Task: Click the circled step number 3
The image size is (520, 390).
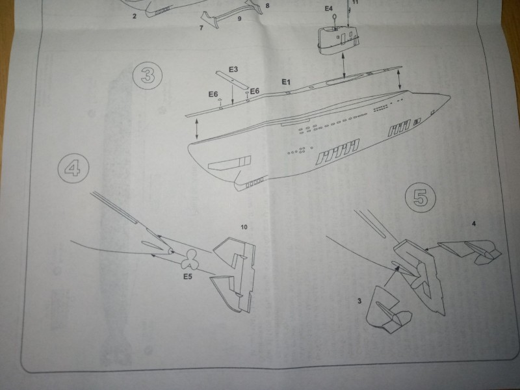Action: click(148, 75)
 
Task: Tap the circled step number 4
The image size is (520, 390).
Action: click(73, 168)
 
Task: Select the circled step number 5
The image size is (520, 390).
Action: click(421, 198)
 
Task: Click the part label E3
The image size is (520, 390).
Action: click(233, 70)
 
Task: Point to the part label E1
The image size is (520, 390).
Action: click(286, 82)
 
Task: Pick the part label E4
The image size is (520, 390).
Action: click(328, 8)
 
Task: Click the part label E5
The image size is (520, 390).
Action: click(188, 276)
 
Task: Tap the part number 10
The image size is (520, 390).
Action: click(244, 227)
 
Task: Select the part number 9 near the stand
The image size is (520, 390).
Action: click(239, 19)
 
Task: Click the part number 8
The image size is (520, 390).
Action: click(267, 6)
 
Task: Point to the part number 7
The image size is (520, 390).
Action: click(201, 28)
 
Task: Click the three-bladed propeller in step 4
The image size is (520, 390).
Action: click(189, 259)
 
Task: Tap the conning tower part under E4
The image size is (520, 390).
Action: click(338, 40)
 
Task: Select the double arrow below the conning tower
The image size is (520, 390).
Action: click(344, 67)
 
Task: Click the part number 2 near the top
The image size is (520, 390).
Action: click(135, 16)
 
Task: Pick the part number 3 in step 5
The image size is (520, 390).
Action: click(359, 301)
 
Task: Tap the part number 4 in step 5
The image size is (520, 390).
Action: click(474, 224)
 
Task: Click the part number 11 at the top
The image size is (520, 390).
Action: click(355, 2)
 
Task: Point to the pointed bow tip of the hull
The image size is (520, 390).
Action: click(450, 96)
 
